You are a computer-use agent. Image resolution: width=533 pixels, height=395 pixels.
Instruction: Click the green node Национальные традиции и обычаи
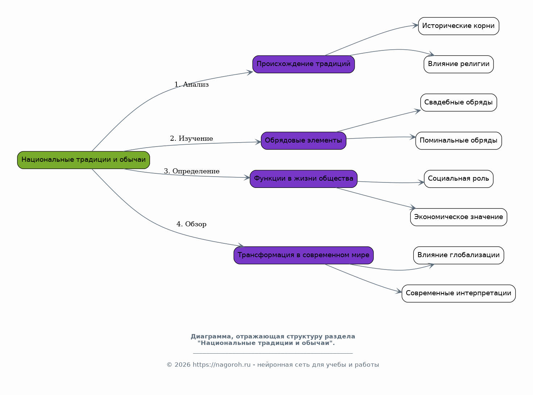click(x=83, y=160)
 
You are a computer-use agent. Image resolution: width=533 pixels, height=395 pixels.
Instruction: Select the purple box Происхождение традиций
click(x=304, y=64)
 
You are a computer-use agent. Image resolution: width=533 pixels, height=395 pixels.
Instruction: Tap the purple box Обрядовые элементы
click(x=304, y=141)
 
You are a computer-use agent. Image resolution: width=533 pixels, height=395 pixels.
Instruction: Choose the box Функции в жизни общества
click(x=304, y=179)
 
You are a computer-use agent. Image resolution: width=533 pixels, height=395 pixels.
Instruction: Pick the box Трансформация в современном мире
click(x=304, y=255)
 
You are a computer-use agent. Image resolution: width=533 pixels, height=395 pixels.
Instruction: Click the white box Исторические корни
click(x=458, y=26)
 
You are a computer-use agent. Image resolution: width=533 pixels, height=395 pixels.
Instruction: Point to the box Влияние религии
click(x=458, y=64)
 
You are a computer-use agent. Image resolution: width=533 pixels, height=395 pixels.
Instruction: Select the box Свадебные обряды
click(x=458, y=103)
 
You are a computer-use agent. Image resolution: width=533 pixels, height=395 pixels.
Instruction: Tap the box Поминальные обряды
click(x=458, y=141)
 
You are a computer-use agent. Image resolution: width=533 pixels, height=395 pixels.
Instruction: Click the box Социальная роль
click(x=458, y=179)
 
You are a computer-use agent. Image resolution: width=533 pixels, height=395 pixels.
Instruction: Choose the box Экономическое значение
click(x=458, y=217)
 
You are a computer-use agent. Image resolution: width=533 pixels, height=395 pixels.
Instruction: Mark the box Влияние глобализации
click(x=458, y=255)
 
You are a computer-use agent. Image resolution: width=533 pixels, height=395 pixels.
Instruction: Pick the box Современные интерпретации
click(x=458, y=293)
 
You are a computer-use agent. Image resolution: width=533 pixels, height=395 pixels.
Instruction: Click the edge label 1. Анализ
click(x=192, y=85)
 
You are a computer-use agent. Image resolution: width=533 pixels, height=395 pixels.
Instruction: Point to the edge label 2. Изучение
click(x=192, y=139)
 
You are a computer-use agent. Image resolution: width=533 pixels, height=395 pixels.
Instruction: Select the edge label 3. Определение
click(x=192, y=171)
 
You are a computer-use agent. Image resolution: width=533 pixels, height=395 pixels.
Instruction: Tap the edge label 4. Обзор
click(x=192, y=224)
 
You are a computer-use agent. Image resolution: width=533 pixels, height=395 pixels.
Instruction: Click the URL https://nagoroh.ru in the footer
click(x=221, y=365)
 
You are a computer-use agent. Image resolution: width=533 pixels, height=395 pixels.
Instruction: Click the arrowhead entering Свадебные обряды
click(x=418, y=111)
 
